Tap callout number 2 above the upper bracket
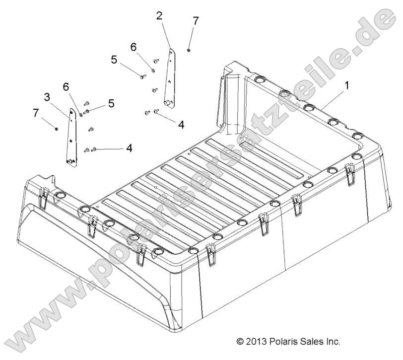(159, 15)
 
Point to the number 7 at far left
(36, 113)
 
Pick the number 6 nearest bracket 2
(133, 47)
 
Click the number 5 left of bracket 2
(114, 60)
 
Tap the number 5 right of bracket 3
(111, 103)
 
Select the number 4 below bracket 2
(181, 124)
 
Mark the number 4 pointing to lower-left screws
(129, 147)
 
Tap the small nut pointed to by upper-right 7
(190, 50)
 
